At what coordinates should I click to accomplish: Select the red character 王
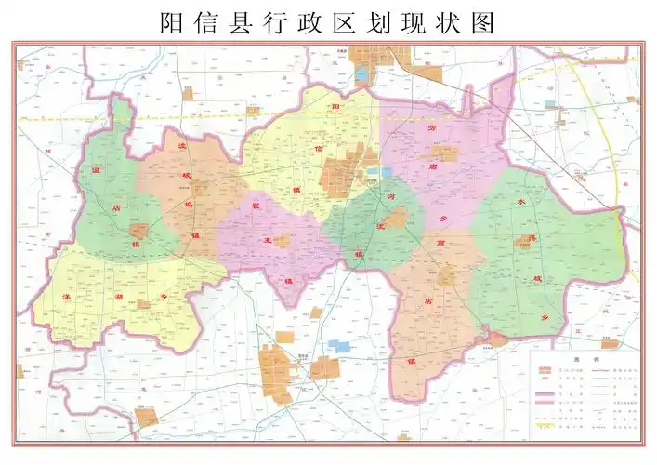coord(269,240)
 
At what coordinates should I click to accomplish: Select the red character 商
coord(435,240)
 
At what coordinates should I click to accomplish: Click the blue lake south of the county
coord(339,346)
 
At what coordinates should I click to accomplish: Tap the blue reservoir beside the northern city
coord(362,74)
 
